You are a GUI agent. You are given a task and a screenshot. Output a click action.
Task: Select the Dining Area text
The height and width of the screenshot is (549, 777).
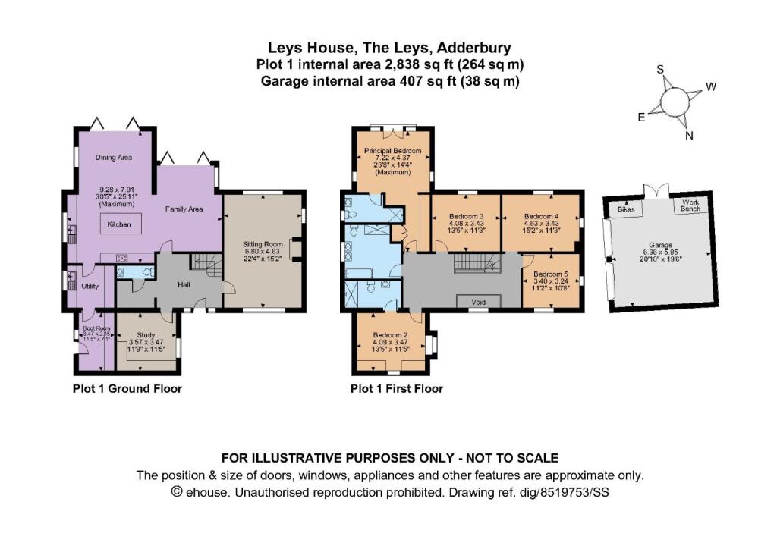[x=114, y=158]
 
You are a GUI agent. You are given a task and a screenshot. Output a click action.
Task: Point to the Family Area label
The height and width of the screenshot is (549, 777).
[x=184, y=209]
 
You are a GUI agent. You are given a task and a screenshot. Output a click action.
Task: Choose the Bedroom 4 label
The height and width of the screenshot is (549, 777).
[x=542, y=216]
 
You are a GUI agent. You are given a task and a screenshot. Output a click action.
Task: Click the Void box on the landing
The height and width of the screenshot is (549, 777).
[x=478, y=301]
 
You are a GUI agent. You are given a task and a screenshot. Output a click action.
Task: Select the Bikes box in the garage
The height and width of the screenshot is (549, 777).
[x=626, y=208]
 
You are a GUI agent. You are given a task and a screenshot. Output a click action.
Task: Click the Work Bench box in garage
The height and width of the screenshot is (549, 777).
[x=690, y=205]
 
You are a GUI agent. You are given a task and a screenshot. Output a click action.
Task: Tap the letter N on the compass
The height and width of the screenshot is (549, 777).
[x=689, y=136]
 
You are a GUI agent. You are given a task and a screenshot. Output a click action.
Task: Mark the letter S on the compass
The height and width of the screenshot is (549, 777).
[x=660, y=69]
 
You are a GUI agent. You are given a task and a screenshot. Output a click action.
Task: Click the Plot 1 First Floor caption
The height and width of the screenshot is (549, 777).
[x=396, y=389]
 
